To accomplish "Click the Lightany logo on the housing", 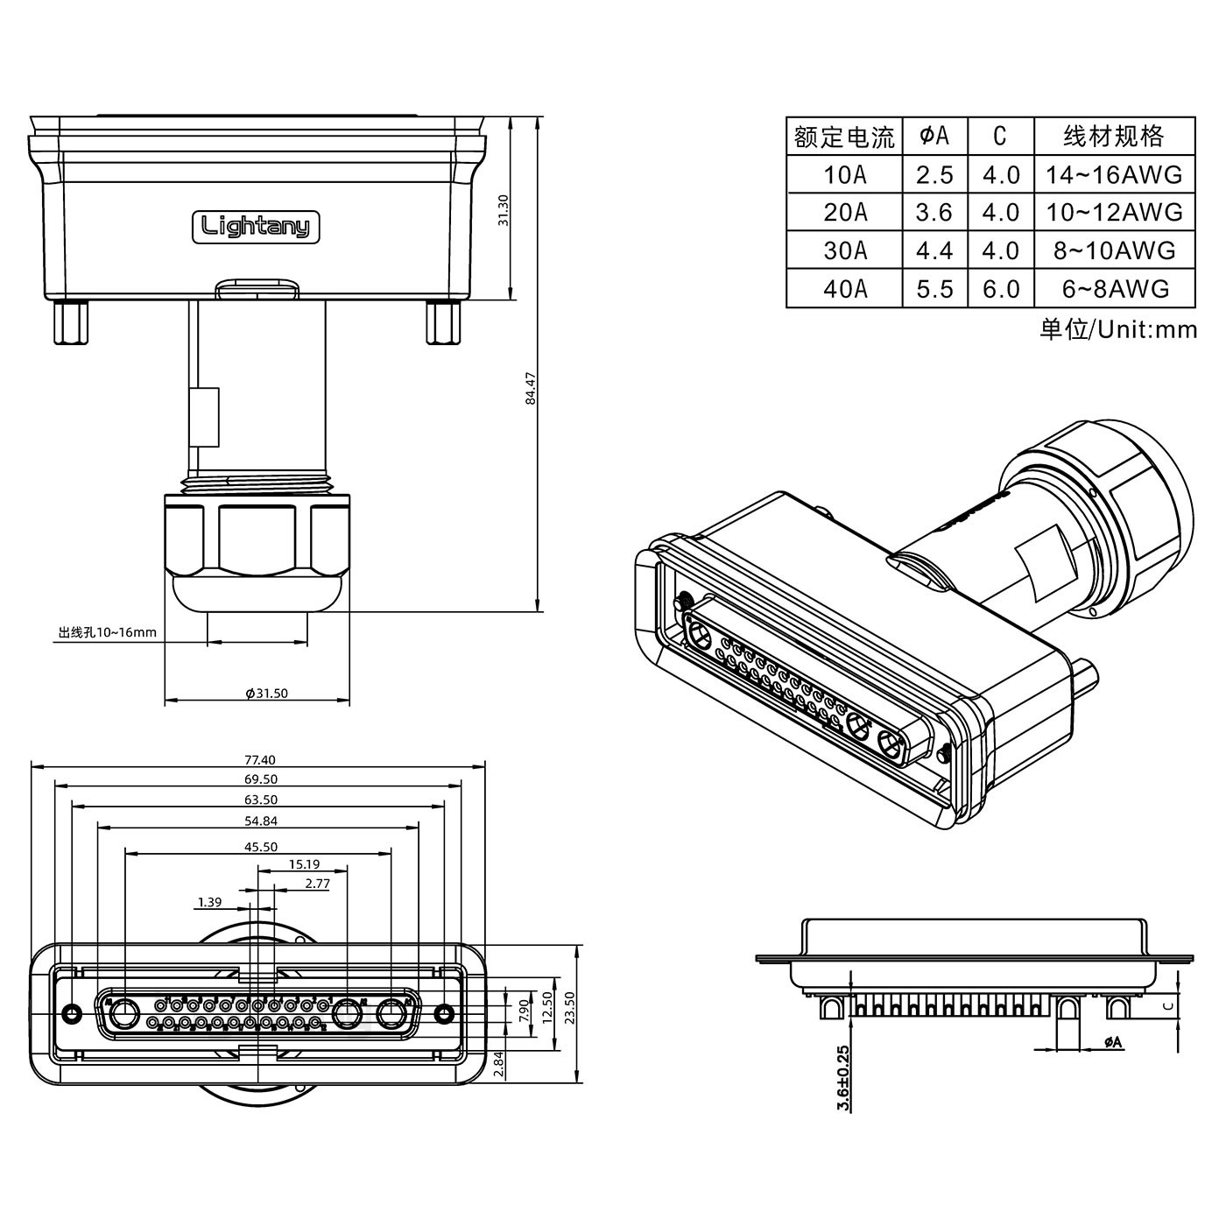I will point(256,227).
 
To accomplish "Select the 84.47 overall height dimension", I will point(530,387).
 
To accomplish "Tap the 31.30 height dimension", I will point(503,210).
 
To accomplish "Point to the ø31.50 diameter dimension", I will point(266,693).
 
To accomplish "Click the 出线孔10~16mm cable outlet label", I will point(107,631).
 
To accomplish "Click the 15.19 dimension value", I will point(304,864).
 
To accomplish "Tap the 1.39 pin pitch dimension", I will point(209,901).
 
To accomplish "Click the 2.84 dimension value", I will point(498,1064).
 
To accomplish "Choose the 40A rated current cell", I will point(844,289).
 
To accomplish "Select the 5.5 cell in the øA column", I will point(934,289).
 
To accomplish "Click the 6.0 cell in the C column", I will point(1000,289).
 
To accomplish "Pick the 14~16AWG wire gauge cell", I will point(1114,175).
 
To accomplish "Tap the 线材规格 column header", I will point(1114,136).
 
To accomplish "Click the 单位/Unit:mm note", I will point(1117,329).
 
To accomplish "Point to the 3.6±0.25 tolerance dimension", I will point(842,1078).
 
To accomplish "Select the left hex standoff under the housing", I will point(70,322).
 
